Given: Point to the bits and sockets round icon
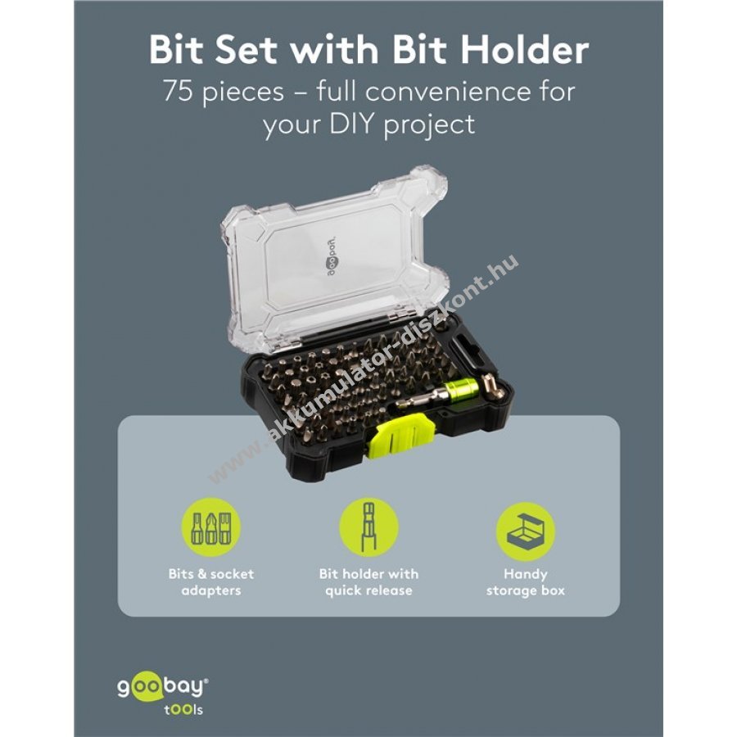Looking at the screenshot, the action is (x=211, y=528).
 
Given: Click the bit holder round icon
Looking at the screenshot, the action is (x=368, y=528).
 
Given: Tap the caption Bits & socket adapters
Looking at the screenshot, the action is (x=211, y=582).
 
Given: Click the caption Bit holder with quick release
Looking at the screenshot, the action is (x=368, y=582).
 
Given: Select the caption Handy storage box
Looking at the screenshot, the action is (x=526, y=582).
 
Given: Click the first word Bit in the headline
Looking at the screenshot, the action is (x=179, y=50).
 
